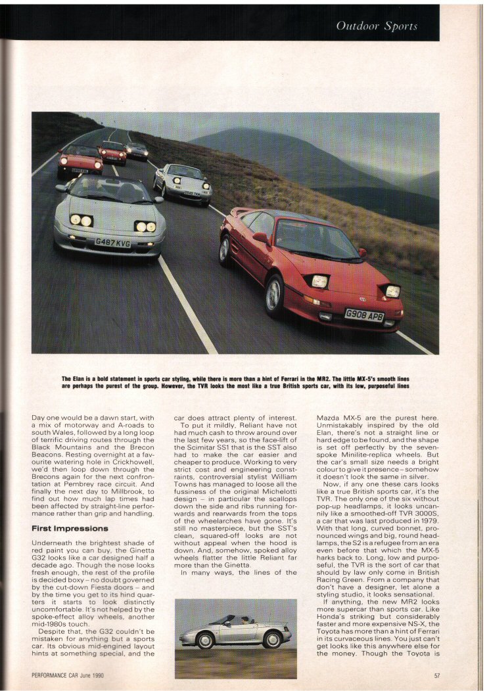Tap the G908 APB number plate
pos(364,315)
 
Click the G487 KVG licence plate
pos(112,242)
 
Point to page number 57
pos(436,675)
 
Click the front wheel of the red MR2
pos(274,296)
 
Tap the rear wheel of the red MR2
pos(226,250)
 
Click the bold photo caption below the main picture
pos(235,382)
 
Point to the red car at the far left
pos(80,161)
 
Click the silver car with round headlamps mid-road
pos(183,183)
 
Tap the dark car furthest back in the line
pos(137,150)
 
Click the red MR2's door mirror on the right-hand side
pos(361,252)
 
